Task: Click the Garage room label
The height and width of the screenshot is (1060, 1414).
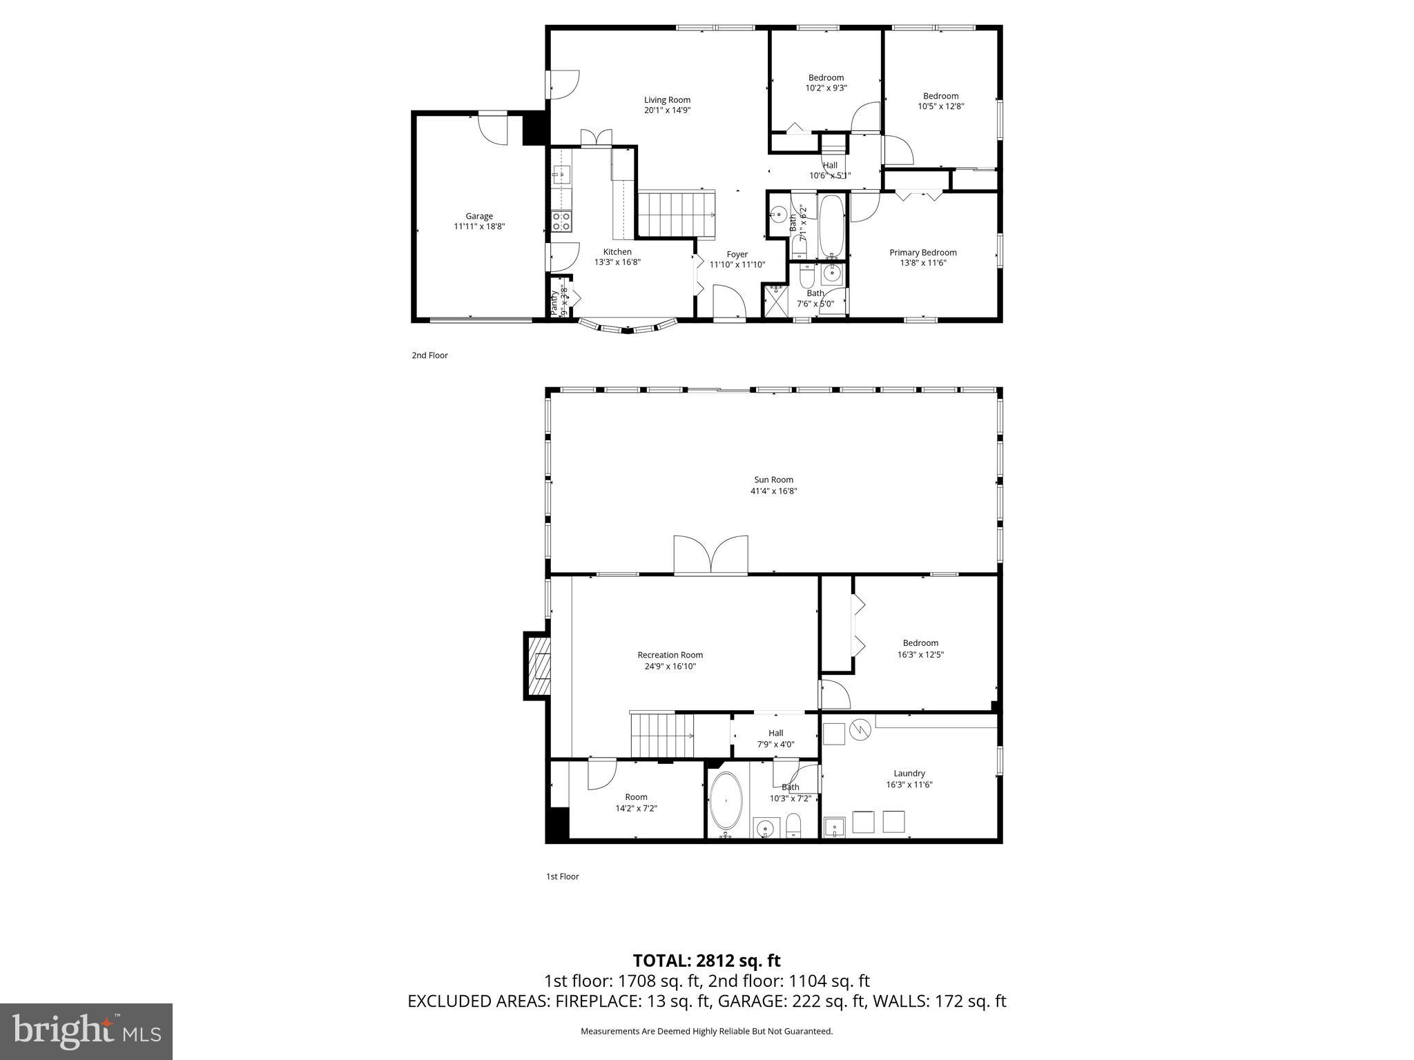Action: (478, 216)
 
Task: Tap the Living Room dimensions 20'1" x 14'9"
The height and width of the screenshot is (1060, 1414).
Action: (667, 110)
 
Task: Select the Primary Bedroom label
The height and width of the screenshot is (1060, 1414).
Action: (922, 253)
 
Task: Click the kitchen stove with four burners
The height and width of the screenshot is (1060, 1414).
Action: (561, 222)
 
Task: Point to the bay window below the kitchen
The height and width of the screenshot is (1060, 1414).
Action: (627, 327)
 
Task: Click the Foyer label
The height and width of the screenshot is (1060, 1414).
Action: (737, 255)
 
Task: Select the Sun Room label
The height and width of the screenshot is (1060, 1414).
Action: (773, 480)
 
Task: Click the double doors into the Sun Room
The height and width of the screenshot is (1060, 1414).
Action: (711, 556)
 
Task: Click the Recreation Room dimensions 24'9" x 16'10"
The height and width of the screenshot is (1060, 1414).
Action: (670, 667)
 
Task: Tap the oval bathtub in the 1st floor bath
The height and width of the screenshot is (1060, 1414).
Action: (726, 801)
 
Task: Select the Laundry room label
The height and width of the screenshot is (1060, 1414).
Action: (909, 774)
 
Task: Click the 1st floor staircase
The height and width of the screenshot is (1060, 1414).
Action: (661, 736)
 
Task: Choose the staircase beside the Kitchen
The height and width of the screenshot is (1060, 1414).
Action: (677, 215)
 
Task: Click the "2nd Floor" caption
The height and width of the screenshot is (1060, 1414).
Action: (429, 355)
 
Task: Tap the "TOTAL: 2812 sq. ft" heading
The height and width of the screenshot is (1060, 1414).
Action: (706, 961)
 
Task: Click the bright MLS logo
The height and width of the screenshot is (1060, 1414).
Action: (86, 1032)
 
